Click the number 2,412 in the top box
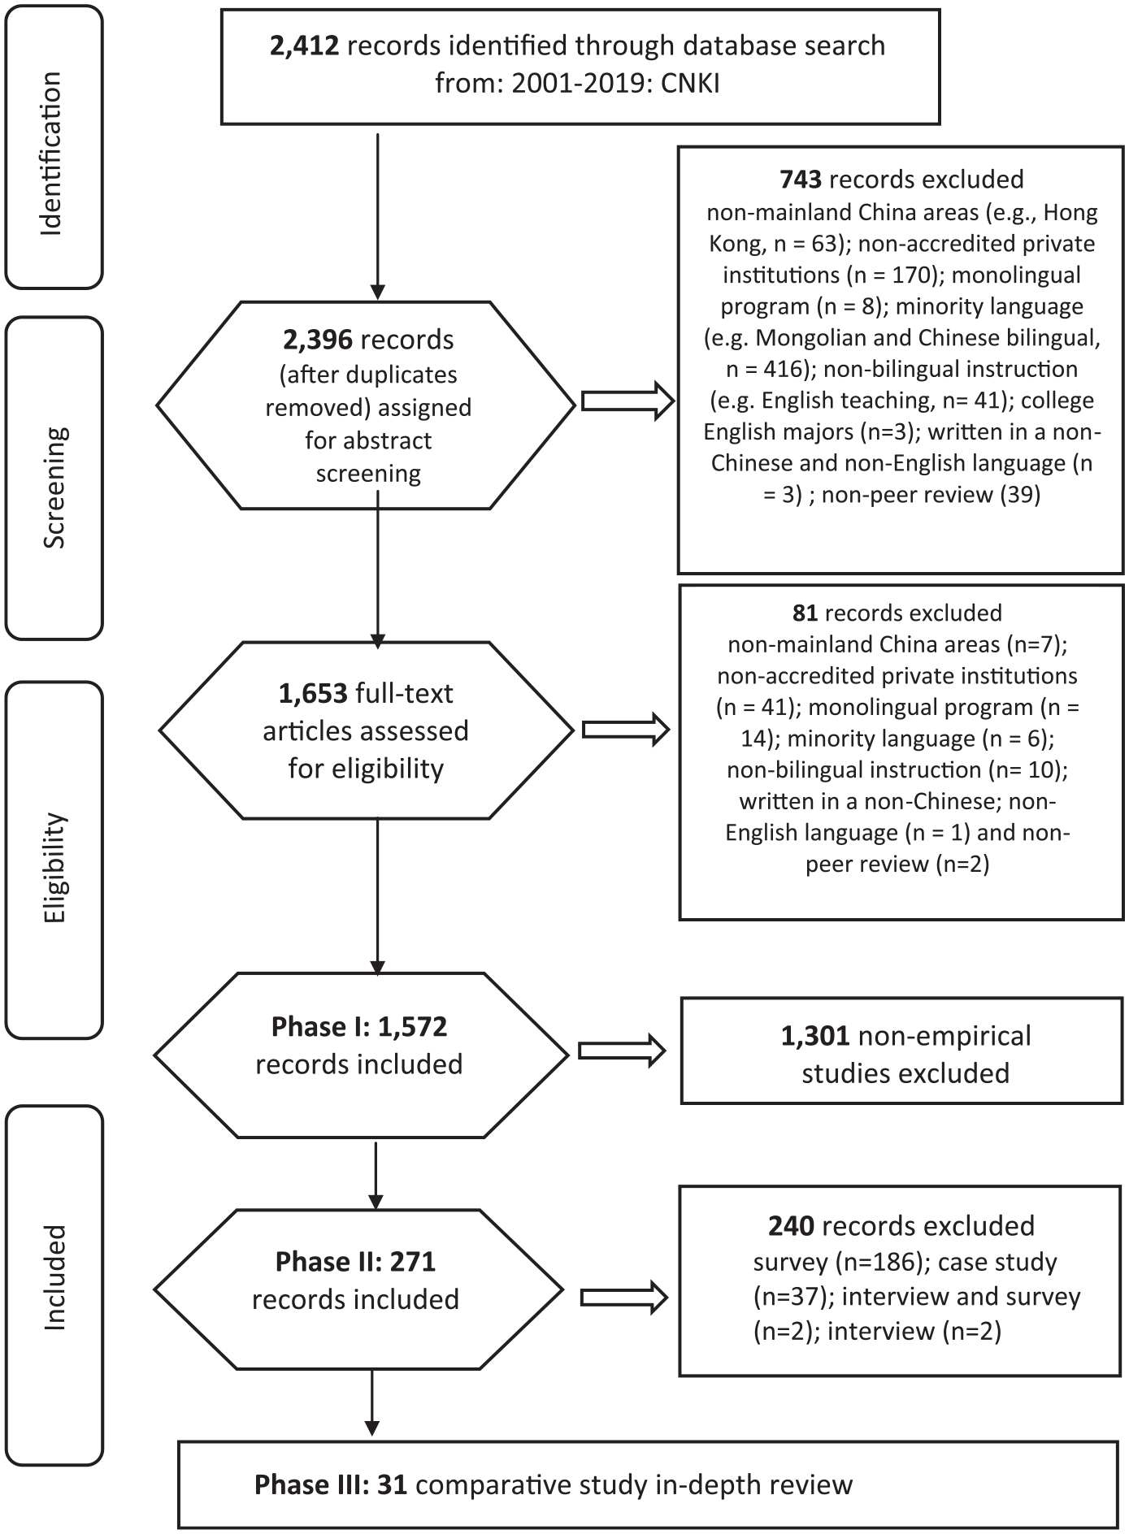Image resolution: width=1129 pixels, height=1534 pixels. coord(304,46)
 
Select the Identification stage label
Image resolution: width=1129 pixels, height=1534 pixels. coord(51,154)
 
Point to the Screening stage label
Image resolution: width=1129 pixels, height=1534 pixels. coord(54,487)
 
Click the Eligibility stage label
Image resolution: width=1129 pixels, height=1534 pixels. coord(54,868)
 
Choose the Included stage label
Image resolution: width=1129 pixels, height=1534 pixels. coord(54,1277)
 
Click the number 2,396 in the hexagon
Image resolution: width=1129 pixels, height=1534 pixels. coord(318,340)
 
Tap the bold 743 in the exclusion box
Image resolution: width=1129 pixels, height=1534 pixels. coord(801,179)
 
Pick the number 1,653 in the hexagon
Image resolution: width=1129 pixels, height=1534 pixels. coord(314,693)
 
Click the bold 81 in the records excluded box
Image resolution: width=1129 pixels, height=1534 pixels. coord(805,612)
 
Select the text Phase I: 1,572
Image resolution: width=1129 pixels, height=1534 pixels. coord(359,1026)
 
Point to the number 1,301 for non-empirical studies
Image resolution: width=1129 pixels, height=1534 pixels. coord(815,1036)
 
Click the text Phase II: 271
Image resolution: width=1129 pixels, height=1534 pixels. coord(355,1262)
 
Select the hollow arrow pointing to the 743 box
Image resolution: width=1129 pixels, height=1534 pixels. coord(627,401)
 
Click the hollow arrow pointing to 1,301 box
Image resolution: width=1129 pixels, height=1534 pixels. coord(622,1051)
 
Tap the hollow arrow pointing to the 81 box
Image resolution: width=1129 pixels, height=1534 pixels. coord(626,730)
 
